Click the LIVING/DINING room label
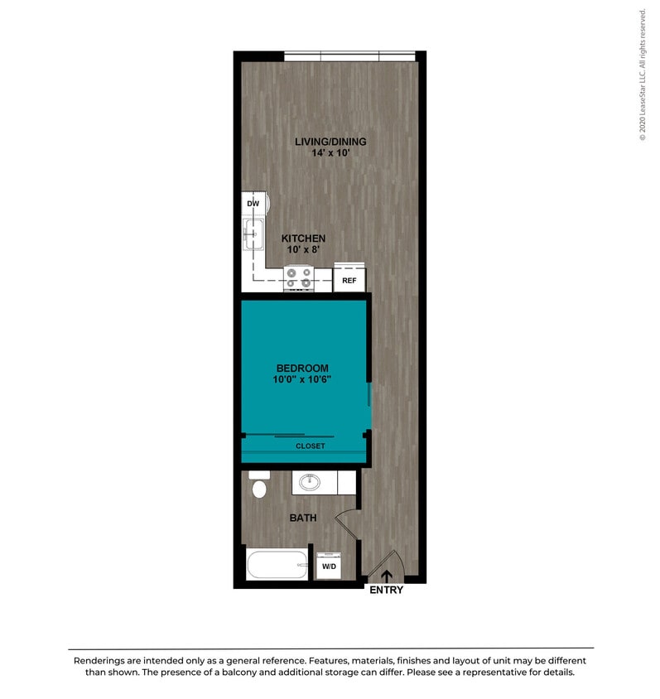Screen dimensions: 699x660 pos(330,142)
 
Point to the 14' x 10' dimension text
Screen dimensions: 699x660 pos(330,153)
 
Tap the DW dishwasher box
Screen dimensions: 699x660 pos(253,203)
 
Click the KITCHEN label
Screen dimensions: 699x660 pos(302,239)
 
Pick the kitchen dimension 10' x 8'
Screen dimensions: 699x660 pos(302,249)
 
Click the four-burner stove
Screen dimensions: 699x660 pos(298,277)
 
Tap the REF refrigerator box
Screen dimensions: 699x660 pos(349,281)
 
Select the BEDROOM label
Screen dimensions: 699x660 pos(302,369)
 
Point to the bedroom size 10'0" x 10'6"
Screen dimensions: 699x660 pos(302,380)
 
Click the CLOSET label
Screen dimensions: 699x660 pos(311,446)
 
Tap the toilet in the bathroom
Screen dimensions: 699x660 pos(259,485)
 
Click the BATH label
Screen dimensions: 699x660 pos(302,518)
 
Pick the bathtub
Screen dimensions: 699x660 pos(277,565)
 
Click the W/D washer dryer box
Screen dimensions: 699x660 pos(329,566)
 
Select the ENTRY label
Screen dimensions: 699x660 pos(386,591)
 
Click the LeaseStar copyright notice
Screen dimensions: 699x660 pos(643,75)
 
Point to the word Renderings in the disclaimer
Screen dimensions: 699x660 pos(105,661)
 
